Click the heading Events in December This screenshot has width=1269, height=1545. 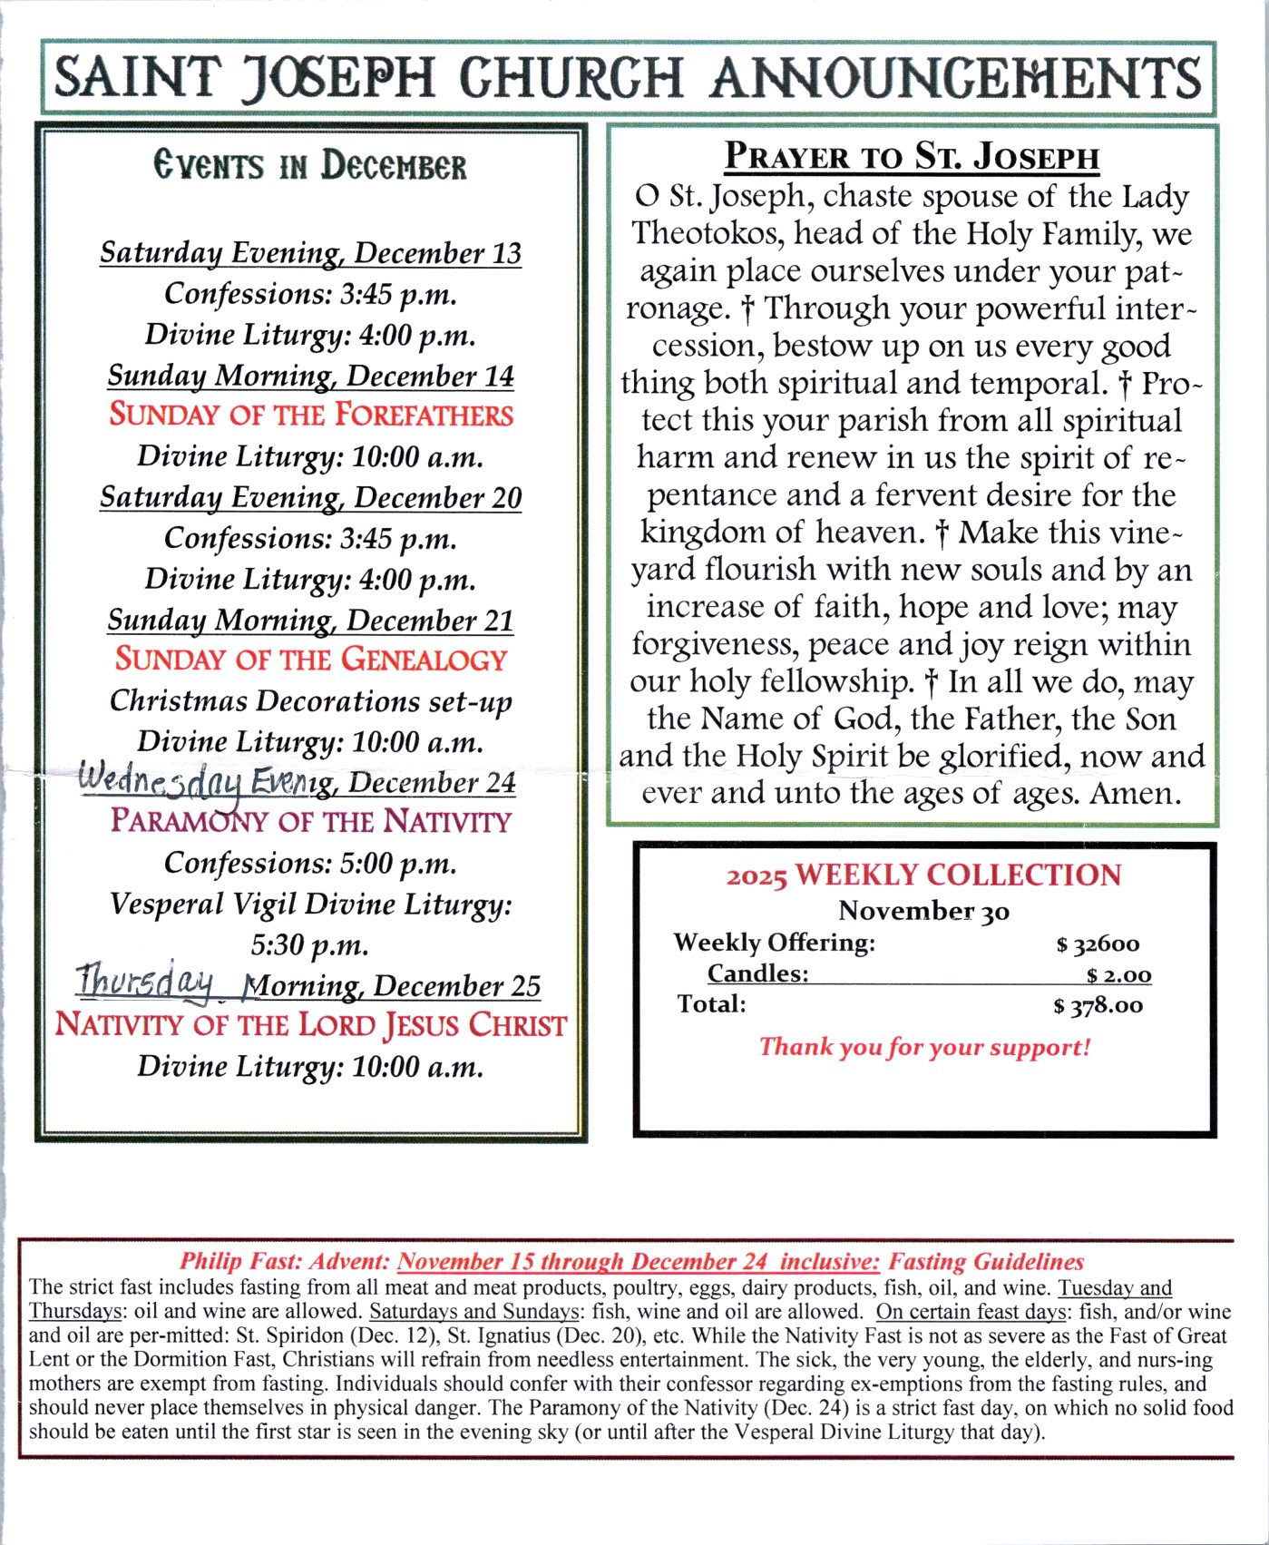click(x=310, y=166)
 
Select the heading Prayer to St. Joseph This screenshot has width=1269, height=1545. click(x=912, y=156)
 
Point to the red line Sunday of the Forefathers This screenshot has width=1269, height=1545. click(x=311, y=415)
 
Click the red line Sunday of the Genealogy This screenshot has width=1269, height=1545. click(x=311, y=659)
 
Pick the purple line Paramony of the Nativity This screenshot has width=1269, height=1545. click(x=311, y=821)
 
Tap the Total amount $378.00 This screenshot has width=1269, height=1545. click(x=1098, y=1005)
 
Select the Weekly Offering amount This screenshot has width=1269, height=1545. click(x=1098, y=944)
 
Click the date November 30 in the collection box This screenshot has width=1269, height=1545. click(x=923, y=910)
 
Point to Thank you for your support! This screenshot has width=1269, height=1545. click(x=924, y=1047)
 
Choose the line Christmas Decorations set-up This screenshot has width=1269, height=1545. click(x=311, y=700)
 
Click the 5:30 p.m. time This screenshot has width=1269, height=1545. click(x=310, y=944)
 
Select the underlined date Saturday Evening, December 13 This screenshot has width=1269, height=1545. click(x=311, y=252)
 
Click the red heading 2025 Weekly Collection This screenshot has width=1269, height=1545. click(x=923, y=875)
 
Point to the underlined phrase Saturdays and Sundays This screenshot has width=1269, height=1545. click(x=474, y=1311)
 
